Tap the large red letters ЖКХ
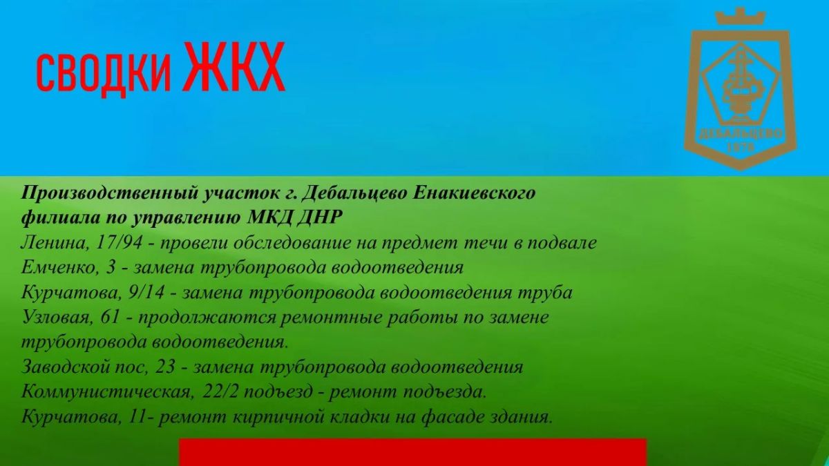pyautogui.click(x=234, y=66)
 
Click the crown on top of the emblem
pyautogui.click(x=740, y=17)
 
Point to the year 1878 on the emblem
pyautogui.click(x=741, y=148)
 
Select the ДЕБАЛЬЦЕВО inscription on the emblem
pyautogui.click(x=741, y=133)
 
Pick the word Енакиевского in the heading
pyautogui.click(x=474, y=193)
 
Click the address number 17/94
pyautogui.click(x=119, y=243)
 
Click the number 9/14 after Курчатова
pyautogui.click(x=146, y=293)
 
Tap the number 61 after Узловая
pyautogui.click(x=110, y=318)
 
